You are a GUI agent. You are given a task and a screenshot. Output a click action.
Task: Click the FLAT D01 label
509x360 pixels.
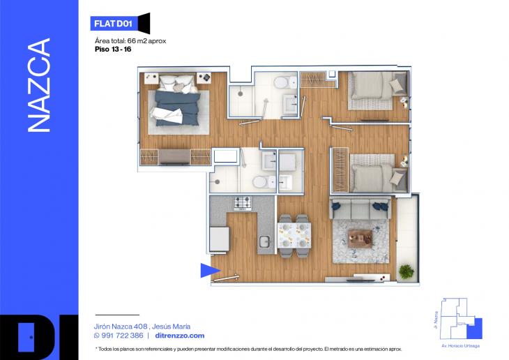tap(113, 24)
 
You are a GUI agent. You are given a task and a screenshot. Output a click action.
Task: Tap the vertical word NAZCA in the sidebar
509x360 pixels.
tap(39, 85)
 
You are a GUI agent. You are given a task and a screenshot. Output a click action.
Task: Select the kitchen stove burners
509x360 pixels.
tap(243, 203)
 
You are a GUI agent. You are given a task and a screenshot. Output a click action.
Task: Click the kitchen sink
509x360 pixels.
tap(264, 242)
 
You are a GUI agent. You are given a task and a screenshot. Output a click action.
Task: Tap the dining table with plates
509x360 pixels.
tap(294, 235)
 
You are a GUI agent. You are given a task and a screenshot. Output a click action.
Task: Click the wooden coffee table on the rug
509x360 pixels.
tap(360, 239)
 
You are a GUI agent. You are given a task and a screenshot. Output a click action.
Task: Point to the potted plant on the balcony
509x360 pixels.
tap(406, 271)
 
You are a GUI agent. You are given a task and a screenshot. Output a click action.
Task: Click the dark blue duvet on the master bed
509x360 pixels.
tap(177, 108)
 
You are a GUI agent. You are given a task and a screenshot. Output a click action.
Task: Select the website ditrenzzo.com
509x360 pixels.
tap(180, 336)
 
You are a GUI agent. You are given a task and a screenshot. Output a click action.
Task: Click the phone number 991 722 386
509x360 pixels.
tap(122, 336)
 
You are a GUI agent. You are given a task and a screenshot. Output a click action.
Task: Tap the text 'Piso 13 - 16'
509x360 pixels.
tap(113, 50)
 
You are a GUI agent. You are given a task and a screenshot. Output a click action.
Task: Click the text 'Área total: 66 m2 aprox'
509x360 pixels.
tap(130, 41)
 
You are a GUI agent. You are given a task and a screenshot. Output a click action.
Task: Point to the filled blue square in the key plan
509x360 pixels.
tap(475, 329)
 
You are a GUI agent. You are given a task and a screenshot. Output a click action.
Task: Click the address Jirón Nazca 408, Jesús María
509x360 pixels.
tap(142, 327)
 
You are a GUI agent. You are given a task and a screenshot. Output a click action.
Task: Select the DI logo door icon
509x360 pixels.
tap(26, 337)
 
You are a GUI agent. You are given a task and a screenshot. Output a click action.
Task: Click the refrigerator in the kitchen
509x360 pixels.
tap(219, 239)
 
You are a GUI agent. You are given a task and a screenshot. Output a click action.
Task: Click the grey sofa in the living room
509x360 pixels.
tap(360, 208)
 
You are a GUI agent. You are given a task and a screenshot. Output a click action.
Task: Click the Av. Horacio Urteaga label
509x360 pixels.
tap(460, 346)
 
